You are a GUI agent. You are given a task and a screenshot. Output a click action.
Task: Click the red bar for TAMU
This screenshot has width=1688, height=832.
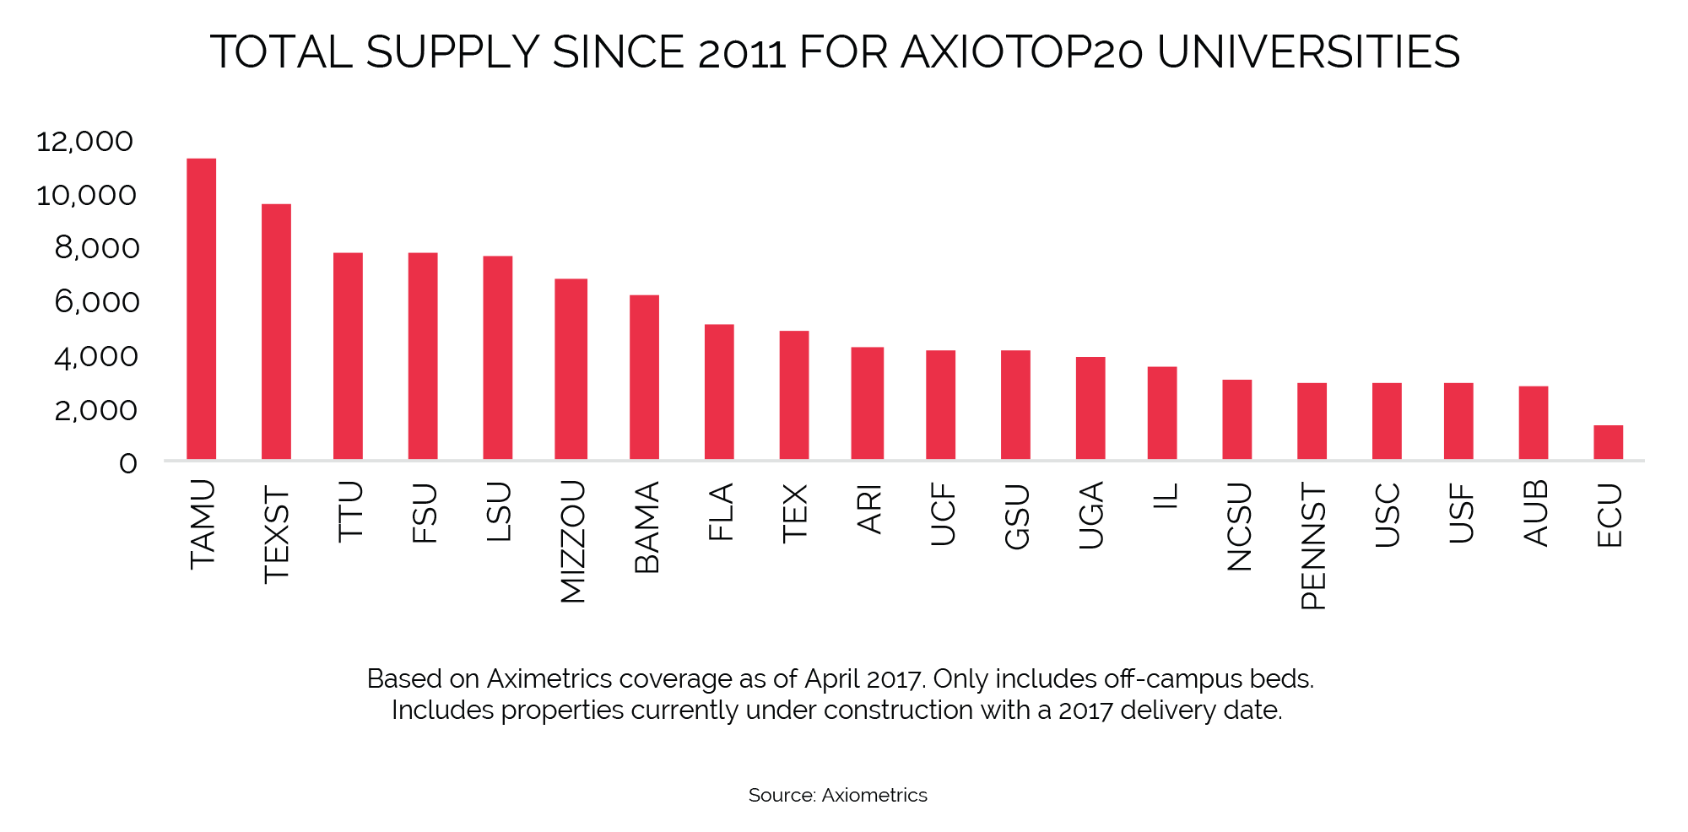click(x=201, y=309)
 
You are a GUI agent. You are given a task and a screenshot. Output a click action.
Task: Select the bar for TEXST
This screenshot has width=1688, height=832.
click(x=276, y=332)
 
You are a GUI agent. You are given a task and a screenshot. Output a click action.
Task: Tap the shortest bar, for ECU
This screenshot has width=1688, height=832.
click(x=1608, y=442)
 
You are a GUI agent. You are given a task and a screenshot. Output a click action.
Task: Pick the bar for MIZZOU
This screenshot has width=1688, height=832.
click(x=571, y=369)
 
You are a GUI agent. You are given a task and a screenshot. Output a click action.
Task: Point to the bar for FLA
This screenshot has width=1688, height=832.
click(x=719, y=392)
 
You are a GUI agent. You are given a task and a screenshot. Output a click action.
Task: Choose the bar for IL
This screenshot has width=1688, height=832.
click(x=1162, y=413)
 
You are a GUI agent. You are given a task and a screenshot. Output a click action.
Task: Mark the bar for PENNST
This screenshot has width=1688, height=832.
click(x=1312, y=421)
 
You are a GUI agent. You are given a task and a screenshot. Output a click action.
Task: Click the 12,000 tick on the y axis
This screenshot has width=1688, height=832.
click(x=84, y=141)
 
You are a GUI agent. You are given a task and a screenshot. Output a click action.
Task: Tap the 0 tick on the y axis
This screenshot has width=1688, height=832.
click(x=127, y=463)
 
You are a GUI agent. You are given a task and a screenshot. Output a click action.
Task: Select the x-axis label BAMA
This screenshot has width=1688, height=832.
click(x=647, y=527)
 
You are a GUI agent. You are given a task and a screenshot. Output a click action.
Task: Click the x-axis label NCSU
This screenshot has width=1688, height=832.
click(x=1238, y=527)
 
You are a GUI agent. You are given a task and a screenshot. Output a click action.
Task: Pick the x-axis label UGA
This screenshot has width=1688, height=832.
click(x=1090, y=516)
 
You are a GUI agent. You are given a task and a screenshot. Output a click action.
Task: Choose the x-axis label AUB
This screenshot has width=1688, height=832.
click(x=1535, y=513)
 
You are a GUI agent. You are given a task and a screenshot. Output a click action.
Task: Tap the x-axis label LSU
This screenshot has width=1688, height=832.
click(x=498, y=511)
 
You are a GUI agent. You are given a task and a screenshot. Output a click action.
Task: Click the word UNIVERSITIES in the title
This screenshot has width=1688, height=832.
click(x=1308, y=52)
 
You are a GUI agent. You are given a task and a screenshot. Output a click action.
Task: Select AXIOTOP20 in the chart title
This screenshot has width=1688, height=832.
click(x=1022, y=52)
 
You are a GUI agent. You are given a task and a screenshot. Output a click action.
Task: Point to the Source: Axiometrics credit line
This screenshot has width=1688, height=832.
click(x=837, y=795)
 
